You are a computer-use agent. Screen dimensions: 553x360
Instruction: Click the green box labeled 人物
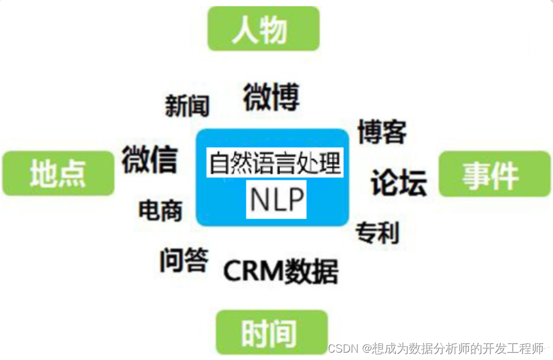click(264, 29)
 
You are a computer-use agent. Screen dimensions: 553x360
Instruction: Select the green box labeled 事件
click(493, 174)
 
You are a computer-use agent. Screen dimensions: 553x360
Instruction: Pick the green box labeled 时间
click(272, 332)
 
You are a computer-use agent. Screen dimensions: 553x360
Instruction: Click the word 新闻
click(187, 106)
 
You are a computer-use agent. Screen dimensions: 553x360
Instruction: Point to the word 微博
click(271, 97)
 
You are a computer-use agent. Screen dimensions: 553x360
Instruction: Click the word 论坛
click(399, 182)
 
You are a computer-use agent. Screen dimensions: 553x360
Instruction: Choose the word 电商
click(161, 211)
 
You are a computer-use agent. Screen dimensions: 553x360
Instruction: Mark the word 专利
click(377, 232)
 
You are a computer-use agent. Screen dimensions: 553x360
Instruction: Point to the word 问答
click(184, 260)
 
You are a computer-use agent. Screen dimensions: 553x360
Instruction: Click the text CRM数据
click(280, 270)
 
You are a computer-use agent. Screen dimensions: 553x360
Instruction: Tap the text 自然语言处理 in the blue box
click(274, 164)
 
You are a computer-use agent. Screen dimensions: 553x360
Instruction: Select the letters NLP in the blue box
click(276, 199)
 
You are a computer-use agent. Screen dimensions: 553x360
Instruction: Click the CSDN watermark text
click(436, 348)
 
